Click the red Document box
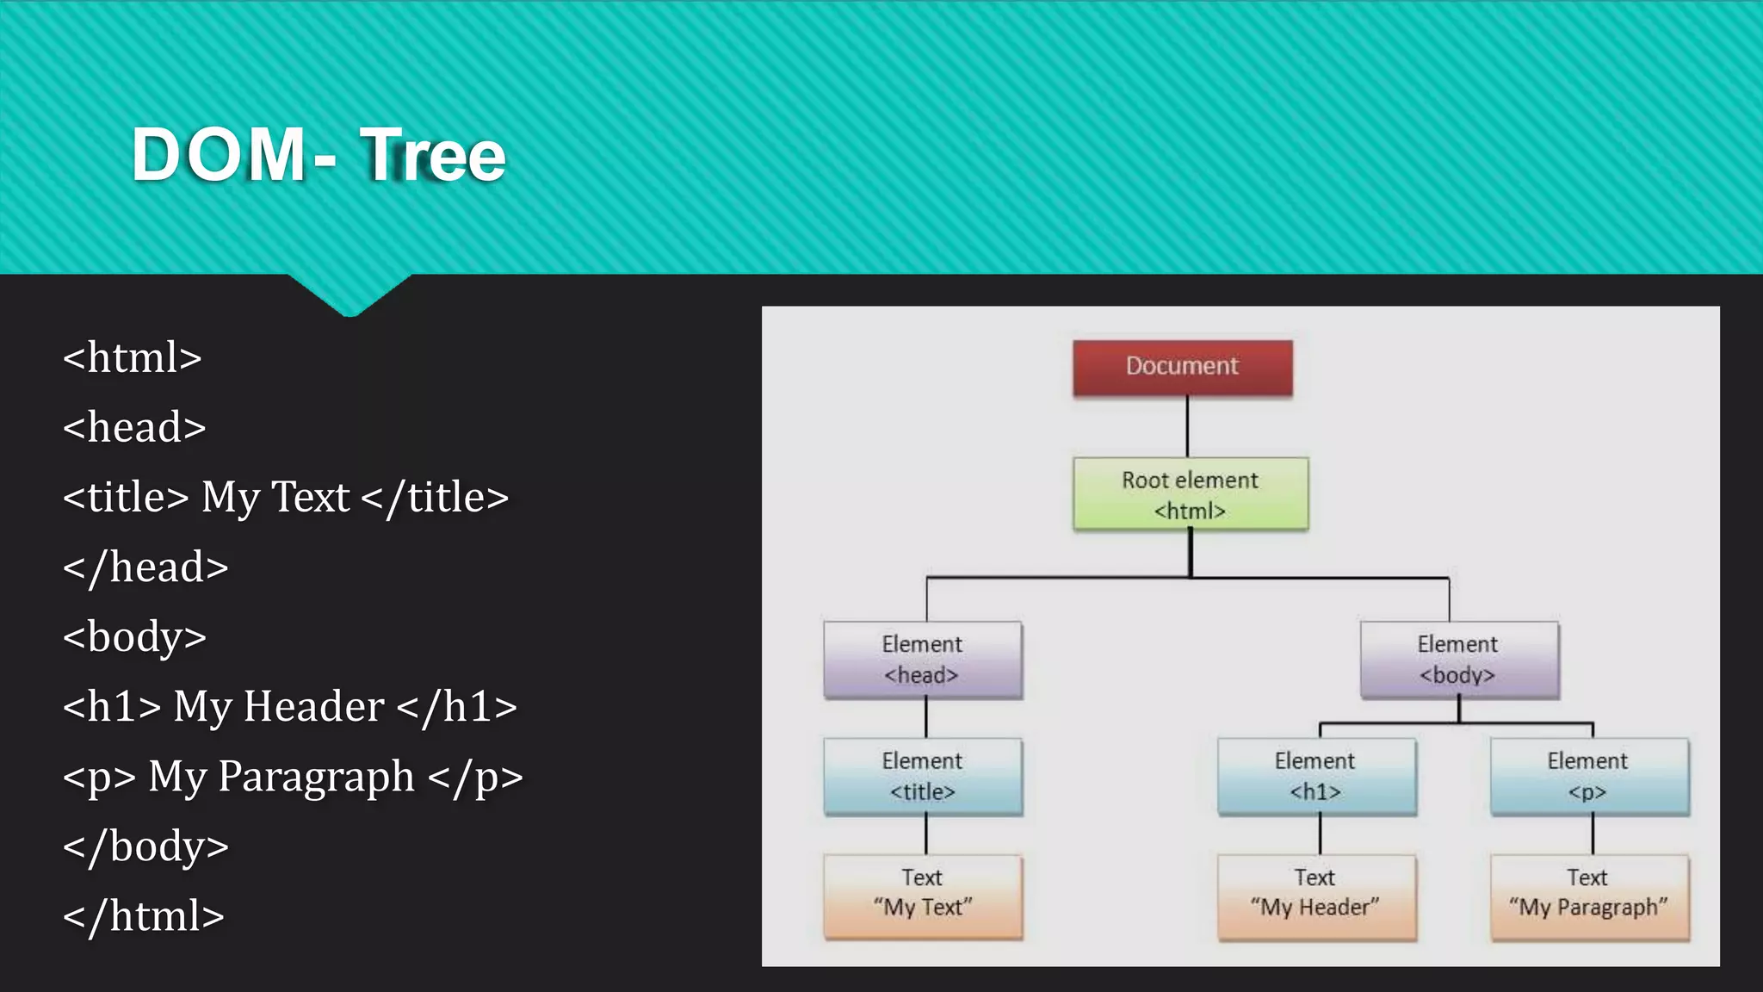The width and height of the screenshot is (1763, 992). pos(1182,368)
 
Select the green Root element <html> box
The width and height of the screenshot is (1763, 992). pos(1191,494)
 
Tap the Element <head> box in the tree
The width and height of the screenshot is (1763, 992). pos(922,660)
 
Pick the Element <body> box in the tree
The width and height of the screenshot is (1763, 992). pos(1458,660)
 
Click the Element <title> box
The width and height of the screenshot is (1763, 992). pos(922,776)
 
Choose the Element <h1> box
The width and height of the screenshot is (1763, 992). pos(1315,776)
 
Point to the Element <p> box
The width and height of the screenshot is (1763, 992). pos(1588,776)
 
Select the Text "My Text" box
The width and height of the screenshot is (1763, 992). pos(922,895)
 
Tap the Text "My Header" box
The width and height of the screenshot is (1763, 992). pos(1315,895)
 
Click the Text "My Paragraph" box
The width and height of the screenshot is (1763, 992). pos(1588,895)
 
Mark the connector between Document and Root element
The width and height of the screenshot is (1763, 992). pos(1187,427)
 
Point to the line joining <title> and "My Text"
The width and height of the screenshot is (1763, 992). pos(926,834)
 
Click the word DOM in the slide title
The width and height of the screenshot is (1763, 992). pos(219,155)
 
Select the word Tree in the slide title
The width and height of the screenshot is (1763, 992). pos(433,155)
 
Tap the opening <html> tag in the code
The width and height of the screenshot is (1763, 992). pos(133,357)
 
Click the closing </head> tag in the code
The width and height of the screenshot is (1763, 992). pos(145,567)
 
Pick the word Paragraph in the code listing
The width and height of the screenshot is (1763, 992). pos(316,777)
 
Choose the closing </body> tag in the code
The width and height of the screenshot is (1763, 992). pos(145,846)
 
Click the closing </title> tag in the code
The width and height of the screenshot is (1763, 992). pos(436,498)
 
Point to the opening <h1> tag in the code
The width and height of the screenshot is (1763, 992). pos(112,707)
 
